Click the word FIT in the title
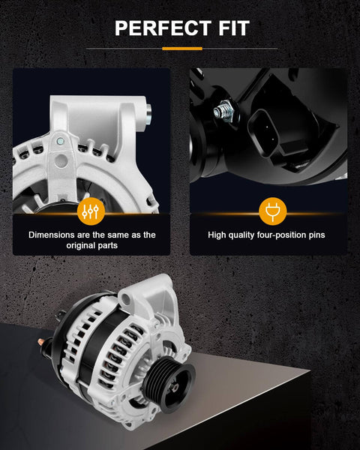[x=234, y=28]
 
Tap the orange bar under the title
[x=182, y=49]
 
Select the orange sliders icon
[x=91, y=211]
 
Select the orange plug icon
[x=273, y=211]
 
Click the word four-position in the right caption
[x=277, y=235]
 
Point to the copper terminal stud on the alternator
[x=41, y=342]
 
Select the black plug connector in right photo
[x=263, y=132]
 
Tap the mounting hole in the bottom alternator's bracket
[x=126, y=299]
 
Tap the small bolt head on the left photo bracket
[x=60, y=141]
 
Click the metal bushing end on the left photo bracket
[x=148, y=114]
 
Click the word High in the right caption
[x=217, y=235]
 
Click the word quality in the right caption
[x=241, y=235]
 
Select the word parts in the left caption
[x=106, y=246]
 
